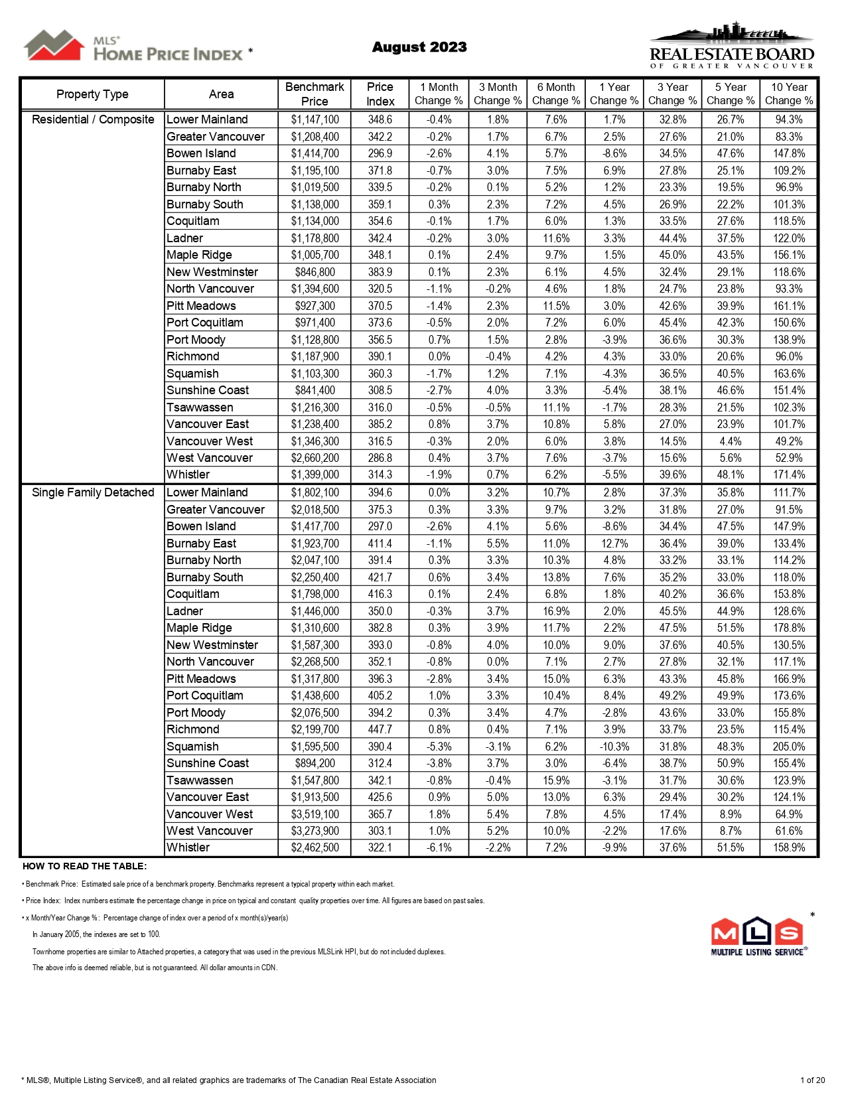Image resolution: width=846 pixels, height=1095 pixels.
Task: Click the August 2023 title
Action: [419, 47]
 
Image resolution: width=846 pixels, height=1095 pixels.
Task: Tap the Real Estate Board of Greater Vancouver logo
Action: [731, 46]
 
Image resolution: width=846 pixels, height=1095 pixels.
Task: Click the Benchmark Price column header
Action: [315, 94]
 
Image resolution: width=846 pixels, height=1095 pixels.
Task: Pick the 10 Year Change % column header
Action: [789, 94]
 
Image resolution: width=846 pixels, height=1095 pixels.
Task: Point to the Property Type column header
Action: [92, 94]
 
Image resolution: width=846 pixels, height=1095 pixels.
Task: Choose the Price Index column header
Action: [380, 94]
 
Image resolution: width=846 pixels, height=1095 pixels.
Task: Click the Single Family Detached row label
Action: [93, 492]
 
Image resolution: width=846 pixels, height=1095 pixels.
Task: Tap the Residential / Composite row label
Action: [93, 119]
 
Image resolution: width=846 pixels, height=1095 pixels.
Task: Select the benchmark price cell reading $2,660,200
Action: [315, 458]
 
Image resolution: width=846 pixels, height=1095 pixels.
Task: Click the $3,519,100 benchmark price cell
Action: [315, 814]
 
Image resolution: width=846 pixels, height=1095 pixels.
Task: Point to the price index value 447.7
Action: [380, 729]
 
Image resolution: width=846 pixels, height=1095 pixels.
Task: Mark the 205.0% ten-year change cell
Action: [789, 747]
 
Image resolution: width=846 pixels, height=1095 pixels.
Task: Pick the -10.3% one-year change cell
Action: [614, 747]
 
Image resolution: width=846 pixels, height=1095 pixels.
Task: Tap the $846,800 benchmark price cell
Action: [315, 272]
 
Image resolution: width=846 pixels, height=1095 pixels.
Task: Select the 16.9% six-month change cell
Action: [556, 611]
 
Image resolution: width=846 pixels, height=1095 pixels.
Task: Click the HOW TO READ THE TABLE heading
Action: [84, 866]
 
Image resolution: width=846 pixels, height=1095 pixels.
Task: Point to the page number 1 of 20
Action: [812, 1080]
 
